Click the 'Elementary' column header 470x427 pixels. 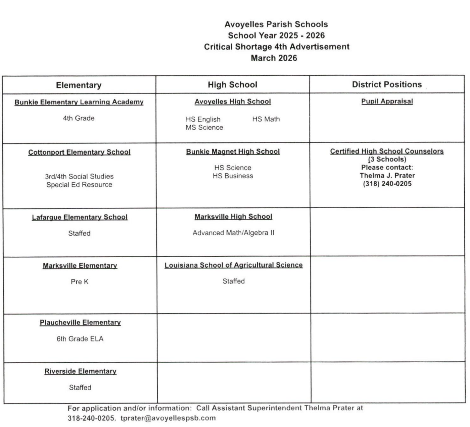coord(79,85)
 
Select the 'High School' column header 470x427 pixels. coord(232,85)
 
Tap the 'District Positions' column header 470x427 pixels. coord(387,84)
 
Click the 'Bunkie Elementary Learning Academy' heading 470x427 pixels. coord(79,102)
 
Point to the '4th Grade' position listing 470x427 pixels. coord(79,118)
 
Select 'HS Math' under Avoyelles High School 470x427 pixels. coord(266,119)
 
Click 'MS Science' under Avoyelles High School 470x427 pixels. coord(204,128)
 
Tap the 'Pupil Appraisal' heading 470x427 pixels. coord(387,101)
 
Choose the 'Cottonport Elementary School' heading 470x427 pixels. coord(79,152)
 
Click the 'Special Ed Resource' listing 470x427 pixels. coord(79,185)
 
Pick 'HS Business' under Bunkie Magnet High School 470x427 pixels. coord(233,176)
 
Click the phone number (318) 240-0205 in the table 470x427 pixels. coord(387,184)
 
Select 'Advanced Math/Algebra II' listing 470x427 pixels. coord(233,233)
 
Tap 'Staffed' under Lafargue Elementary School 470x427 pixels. coord(79,233)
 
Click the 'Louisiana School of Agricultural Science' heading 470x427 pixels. coord(233,265)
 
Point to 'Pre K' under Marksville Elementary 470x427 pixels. coord(80,282)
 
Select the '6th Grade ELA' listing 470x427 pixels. coord(80,339)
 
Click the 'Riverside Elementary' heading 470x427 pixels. coord(80,371)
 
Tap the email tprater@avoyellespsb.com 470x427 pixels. coord(168,418)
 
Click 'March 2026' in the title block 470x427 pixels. coord(274,58)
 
